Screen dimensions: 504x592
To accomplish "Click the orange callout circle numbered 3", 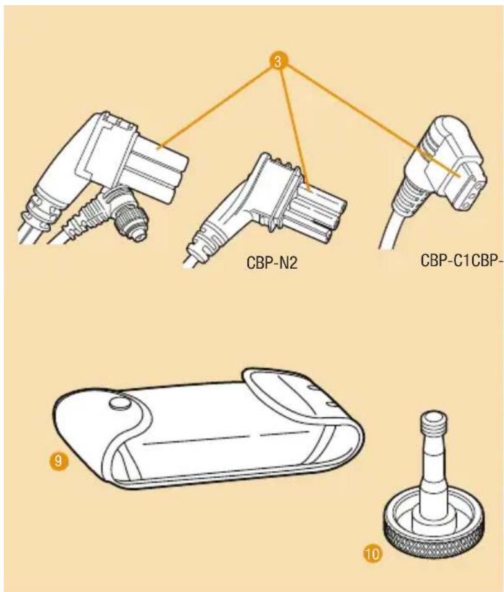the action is pos(278,61).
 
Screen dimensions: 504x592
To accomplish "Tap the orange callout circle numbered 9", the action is pos(58,461).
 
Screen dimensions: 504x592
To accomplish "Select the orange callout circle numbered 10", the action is pos(372,554).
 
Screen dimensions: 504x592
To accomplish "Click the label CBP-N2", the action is pos(271,262).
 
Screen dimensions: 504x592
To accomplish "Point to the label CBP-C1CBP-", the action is pos(462,260).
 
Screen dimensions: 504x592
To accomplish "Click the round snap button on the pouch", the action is pos(120,404).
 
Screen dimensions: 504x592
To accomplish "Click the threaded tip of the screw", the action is pos(433,421).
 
